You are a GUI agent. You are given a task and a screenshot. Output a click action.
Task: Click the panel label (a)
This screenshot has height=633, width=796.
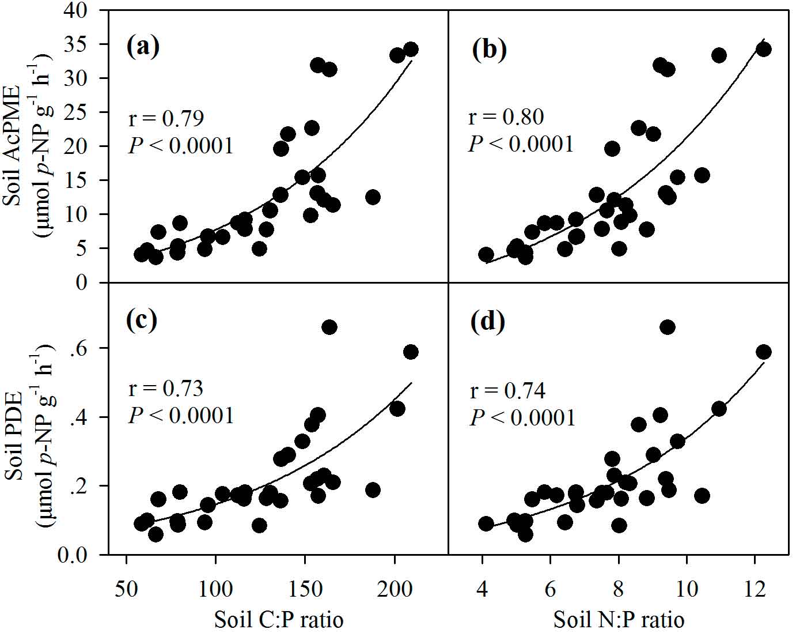(x=142, y=46)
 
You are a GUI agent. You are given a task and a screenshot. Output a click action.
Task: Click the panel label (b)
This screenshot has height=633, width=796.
(x=489, y=49)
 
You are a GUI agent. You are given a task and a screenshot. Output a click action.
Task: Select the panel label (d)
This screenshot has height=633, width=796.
(x=488, y=321)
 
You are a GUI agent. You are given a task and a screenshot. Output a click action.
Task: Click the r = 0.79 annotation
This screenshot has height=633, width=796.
(x=165, y=119)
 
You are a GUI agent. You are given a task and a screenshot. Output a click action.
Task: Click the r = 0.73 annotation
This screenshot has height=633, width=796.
(x=165, y=389)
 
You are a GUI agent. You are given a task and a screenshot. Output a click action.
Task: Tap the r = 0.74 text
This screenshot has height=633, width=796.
(x=507, y=390)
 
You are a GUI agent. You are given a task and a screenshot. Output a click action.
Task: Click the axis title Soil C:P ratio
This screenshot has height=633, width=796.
(x=279, y=620)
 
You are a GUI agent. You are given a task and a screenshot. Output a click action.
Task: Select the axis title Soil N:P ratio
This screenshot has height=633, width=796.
(x=619, y=620)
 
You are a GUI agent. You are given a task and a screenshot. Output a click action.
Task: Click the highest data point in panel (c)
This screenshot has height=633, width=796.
(x=329, y=327)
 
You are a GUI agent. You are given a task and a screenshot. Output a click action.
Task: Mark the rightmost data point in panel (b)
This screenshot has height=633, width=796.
(x=763, y=49)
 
